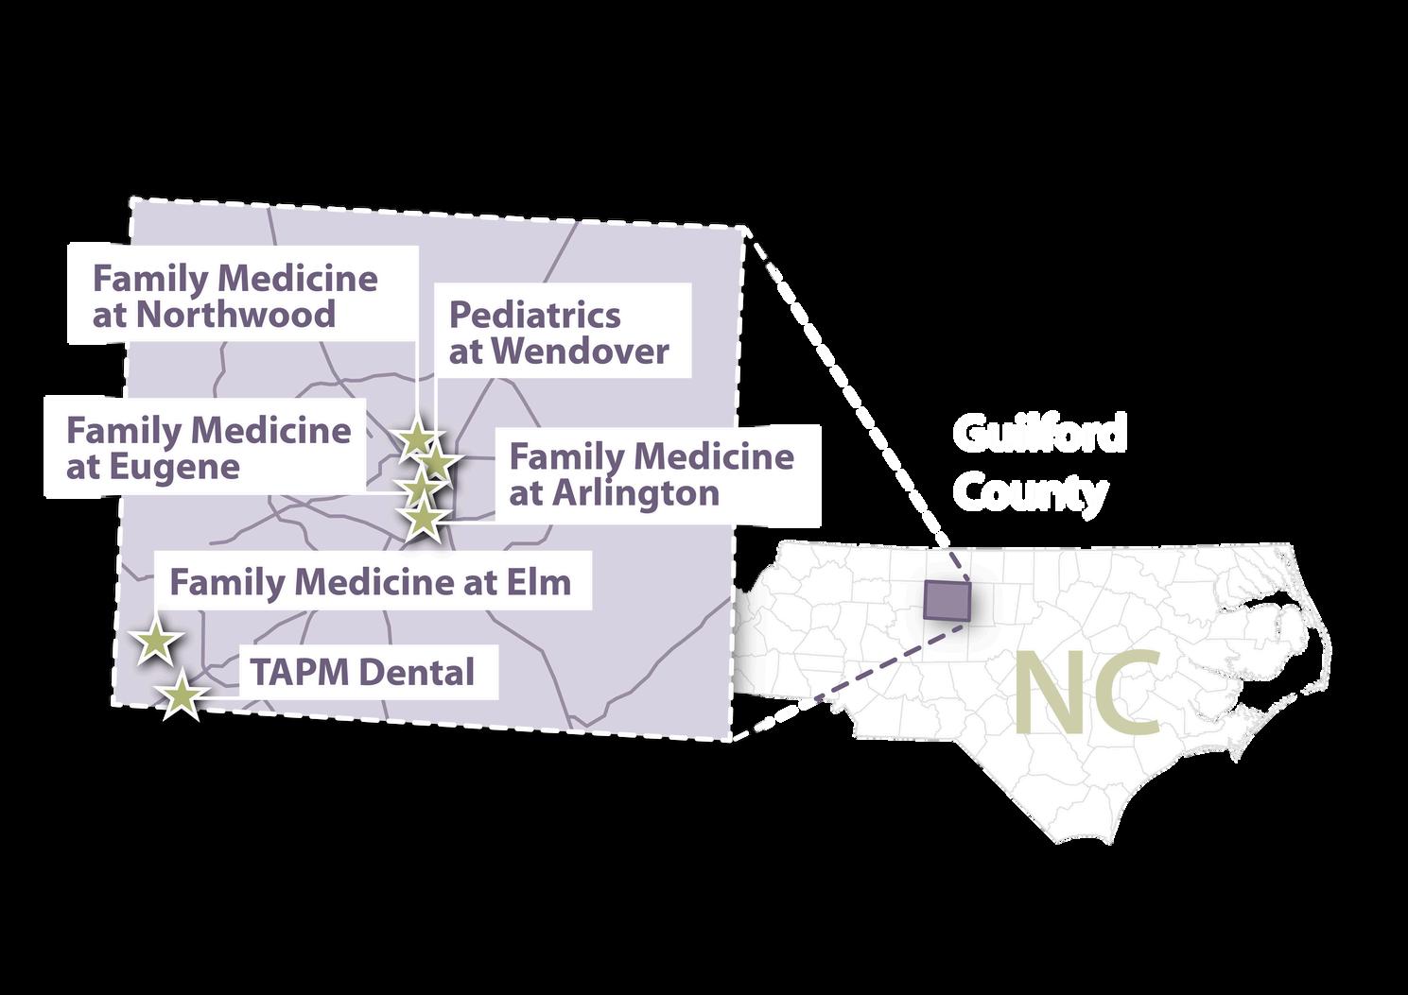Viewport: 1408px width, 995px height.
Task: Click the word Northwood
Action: click(x=235, y=315)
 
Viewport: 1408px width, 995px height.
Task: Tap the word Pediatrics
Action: click(x=534, y=315)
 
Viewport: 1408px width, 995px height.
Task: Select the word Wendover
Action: click(x=580, y=352)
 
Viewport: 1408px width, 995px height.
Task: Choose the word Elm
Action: click(x=542, y=582)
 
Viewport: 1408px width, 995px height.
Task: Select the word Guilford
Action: click(x=1039, y=434)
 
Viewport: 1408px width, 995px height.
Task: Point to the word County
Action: click(x=1030, y=492)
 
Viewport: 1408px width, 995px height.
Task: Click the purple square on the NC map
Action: click(x=946, y=600)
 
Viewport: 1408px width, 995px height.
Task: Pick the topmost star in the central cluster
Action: click(x=415, y=438)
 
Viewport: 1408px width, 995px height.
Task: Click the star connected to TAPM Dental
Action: click(x=182, y=697)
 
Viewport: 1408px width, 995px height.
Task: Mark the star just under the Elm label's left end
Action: click(x=155, y=643)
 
